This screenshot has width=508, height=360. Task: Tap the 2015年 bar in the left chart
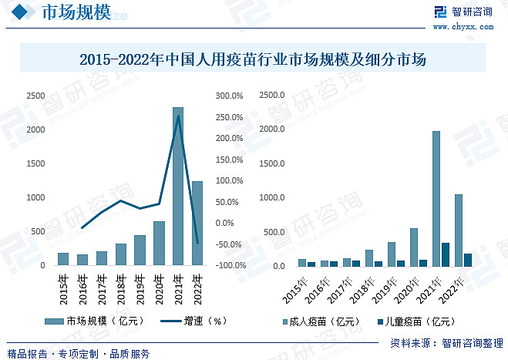pos(63,259)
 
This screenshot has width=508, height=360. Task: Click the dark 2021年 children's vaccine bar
pos(446,254)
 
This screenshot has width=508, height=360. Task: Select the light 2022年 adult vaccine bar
pos(459,230)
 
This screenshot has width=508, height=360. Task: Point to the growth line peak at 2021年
pos(179,116)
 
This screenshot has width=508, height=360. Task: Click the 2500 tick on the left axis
pos(35,96)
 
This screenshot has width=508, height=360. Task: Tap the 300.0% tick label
pos(229,96)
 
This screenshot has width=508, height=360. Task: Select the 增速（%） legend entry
pos(193,321)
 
